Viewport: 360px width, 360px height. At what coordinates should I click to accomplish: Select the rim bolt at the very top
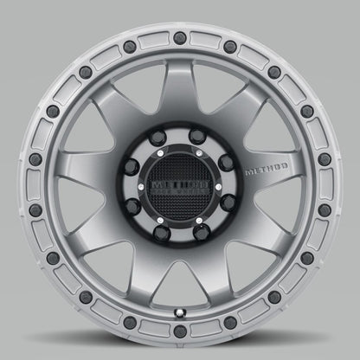point(180,35)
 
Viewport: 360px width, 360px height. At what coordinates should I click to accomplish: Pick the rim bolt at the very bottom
point(180,325)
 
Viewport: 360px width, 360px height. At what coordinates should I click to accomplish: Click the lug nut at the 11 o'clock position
point(164,141)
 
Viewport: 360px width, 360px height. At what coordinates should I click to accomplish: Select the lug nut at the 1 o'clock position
point(196,141)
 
